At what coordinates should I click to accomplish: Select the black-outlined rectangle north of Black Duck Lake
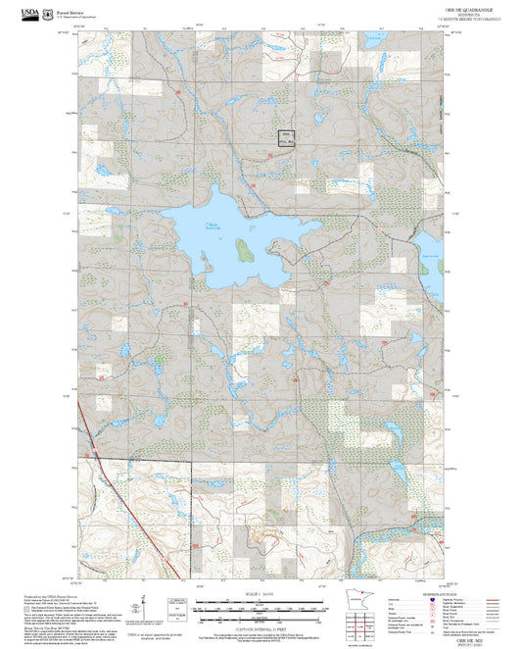click(x=285, y=138)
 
